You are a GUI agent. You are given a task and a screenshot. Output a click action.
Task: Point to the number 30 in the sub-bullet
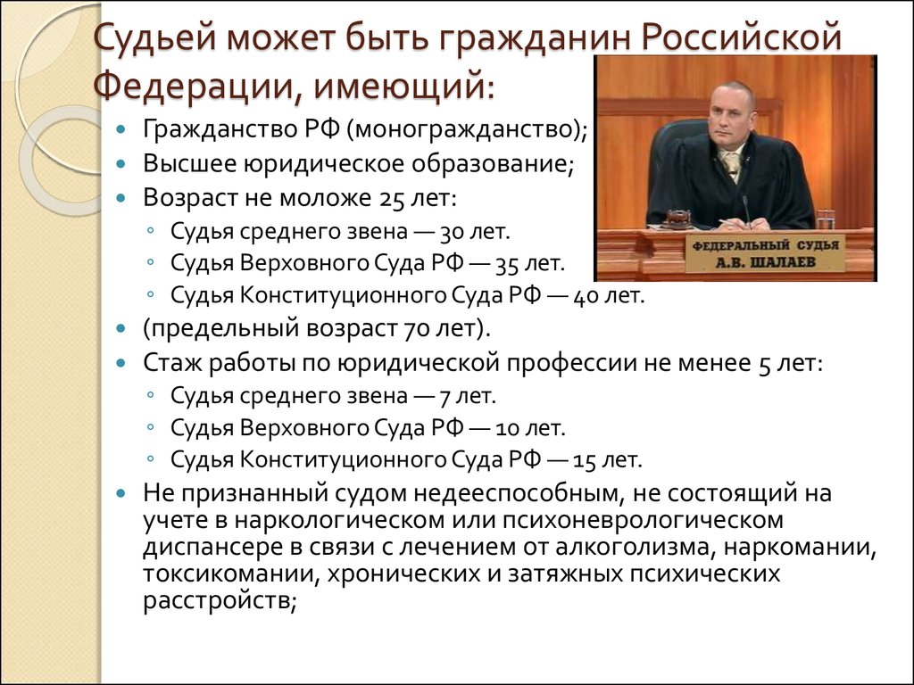(452, 233)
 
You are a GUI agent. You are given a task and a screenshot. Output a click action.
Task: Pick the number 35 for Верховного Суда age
(508, 264)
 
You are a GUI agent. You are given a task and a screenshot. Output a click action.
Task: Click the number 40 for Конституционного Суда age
(586, 296)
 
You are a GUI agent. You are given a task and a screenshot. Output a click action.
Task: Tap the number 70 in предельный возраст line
(417, 329)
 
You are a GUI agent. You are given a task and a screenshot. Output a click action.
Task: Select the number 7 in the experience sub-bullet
(445, 397)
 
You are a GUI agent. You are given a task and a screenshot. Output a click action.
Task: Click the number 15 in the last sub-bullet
(585, 461)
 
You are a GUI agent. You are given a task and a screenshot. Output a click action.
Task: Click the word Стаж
(172, 363)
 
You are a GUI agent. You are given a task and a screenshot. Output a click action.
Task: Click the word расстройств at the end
(216, 601)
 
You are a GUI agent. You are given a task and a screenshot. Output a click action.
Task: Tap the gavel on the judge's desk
(677, 219)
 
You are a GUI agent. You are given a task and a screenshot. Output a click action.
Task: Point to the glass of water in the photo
(826, 219)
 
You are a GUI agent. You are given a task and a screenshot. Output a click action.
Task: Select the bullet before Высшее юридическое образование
(120, 164)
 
